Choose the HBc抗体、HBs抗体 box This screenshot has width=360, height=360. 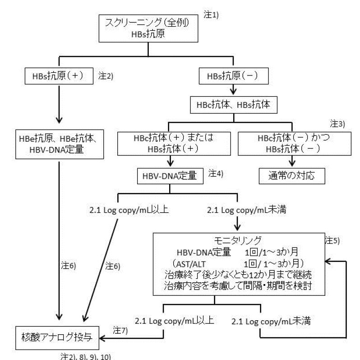click(x=234, y=104)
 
